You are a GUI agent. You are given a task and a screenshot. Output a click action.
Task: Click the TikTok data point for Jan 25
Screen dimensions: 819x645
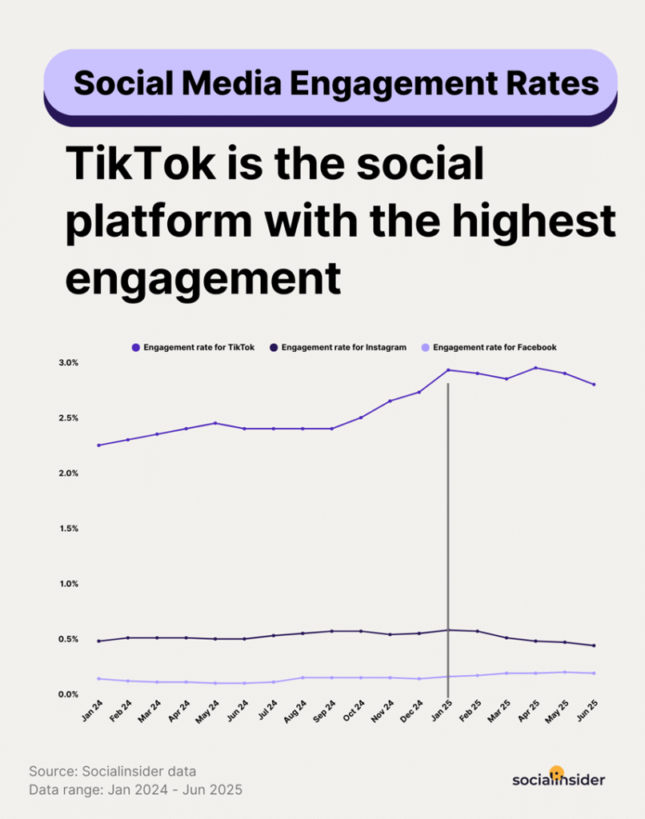coord(448,370)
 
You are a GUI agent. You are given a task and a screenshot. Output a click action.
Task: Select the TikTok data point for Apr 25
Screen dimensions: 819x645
coord(535,368)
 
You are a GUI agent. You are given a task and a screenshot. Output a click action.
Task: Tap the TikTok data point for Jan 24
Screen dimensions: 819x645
coord(98,445)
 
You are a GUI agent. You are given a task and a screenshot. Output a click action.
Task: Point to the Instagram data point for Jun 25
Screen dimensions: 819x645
coord(594,645)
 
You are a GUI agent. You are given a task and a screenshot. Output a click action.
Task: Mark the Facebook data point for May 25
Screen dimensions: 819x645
coord(565,672)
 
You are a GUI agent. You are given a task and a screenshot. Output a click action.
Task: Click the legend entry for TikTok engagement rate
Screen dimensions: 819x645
coord(193,347)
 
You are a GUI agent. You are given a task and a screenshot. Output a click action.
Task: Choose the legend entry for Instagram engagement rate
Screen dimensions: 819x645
coord(338,347)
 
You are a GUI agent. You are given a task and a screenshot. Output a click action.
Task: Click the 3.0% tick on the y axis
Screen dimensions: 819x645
coord(68,362)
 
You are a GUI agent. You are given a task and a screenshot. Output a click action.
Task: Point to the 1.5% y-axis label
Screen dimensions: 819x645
coord(68,528)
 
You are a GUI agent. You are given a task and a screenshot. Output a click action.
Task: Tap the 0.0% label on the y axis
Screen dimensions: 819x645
coord(68,694)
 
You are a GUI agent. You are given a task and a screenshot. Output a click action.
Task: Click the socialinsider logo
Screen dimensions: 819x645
coord(558,778)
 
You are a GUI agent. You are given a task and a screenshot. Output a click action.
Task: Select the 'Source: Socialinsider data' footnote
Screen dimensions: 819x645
coord(112,771)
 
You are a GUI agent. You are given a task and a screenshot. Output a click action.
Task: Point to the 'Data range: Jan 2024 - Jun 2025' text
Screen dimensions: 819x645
coord(135,789)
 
